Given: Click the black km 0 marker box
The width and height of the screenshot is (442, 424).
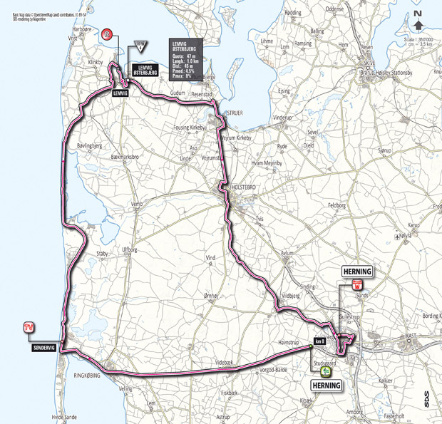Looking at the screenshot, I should (x=319, y=341).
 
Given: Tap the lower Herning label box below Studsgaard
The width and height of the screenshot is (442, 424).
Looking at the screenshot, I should (x=327, y=386).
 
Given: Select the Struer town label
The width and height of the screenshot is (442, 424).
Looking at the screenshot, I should (x=235, y=113).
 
